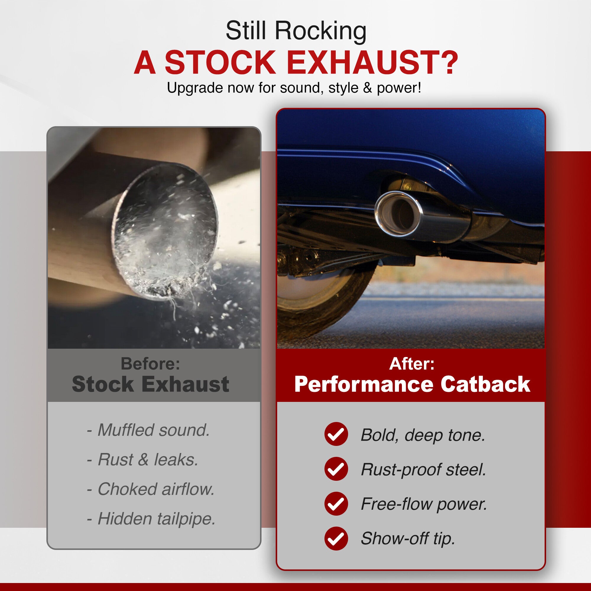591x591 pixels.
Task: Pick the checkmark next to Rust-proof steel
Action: click(x=336, y=469)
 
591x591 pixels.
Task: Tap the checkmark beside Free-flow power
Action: click(x=336, y=504)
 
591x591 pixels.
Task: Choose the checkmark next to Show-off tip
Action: click(x=336, y=538)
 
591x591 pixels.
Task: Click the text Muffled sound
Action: click(x=154, y=430)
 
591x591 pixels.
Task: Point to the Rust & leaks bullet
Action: click(x=148, y=460)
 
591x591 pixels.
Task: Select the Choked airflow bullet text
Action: click(x=156, y=489)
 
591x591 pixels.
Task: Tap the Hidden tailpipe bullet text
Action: click(x=157, y=519)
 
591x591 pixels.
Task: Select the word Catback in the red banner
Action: click(x=486, y=384)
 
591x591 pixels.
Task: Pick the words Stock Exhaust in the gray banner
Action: click(x=150, y=384)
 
